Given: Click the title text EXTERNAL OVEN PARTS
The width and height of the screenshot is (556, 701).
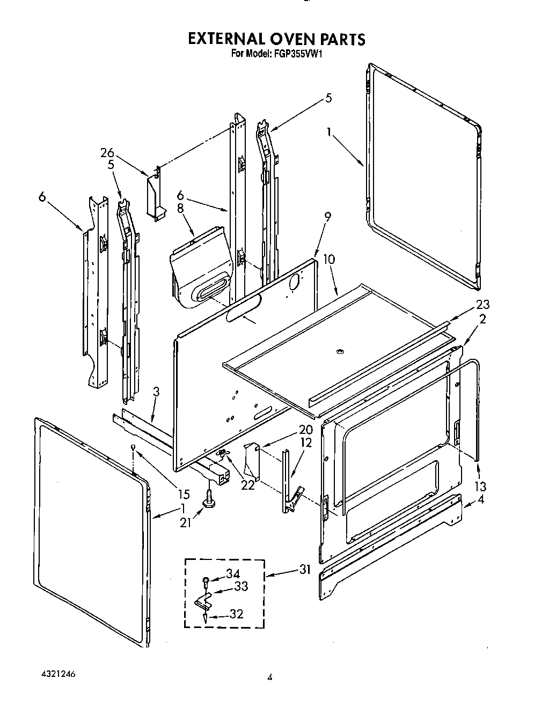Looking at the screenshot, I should (x=276, y=39).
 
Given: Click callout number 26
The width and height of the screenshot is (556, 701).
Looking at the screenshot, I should (x=107, y=152).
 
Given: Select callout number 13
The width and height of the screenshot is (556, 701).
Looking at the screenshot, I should (x=480, y=486).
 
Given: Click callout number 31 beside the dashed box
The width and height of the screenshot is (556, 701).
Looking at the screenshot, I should (x=304, y=570).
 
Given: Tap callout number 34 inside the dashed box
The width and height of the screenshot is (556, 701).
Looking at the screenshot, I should (x=232, y=574).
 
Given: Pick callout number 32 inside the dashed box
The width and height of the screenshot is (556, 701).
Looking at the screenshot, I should (x=236, y=614).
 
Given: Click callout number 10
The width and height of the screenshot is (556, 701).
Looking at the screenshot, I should (x=329, y=260).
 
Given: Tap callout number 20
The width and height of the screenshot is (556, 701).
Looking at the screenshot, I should (x=305, y=430).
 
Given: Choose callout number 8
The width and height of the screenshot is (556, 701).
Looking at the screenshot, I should (x=180, y=208).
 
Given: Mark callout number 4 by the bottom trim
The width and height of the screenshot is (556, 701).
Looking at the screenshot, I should (x=481, y=500).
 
